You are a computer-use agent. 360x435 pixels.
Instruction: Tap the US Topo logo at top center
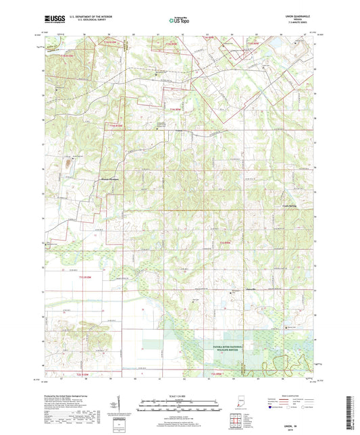click(x=178, y=20)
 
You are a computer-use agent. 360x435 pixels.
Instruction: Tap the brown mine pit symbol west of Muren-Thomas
click(x=67, y=161)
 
